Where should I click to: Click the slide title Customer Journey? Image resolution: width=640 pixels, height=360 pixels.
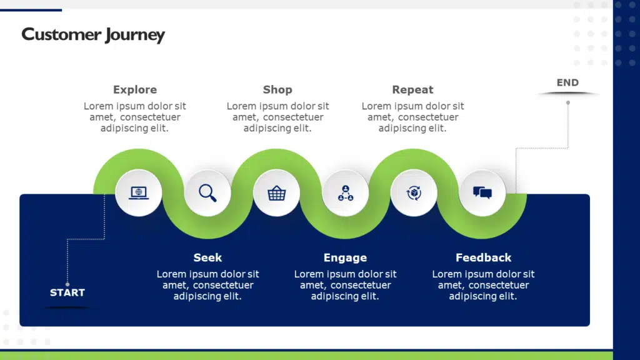[x=93, y=34]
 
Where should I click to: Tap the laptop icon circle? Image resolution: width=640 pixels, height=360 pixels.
[x=139, y=192]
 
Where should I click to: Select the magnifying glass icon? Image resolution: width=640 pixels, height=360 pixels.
[x=207, y=192]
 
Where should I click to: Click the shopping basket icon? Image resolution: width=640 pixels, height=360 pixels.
[x=276, y=192]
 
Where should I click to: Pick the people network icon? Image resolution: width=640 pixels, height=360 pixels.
[x=345, y=192]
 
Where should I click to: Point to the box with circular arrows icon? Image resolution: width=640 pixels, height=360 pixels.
[x=413, y=192]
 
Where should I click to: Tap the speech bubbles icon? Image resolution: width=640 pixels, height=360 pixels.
[x=482, y=192]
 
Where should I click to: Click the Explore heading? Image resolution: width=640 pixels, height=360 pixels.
[x=135, y=89]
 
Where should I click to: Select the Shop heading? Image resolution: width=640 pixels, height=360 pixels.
[x=277, y=89]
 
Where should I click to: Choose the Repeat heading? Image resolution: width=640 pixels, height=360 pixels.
[x=412, y=89]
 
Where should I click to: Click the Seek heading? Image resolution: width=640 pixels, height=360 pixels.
[x=207, y=257]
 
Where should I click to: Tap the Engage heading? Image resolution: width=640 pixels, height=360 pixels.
[x=345, y=257]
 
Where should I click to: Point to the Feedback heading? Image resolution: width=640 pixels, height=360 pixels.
[x=483, y=257]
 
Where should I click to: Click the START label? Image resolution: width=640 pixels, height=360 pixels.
[x=67, y=292]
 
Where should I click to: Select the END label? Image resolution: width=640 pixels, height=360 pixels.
[x=567, y=82]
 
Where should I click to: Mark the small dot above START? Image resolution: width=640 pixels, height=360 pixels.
[x=67, y=284]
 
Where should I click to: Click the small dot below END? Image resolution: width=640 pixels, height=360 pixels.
[x=568, y=102]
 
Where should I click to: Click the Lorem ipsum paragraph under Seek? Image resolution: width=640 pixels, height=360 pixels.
[x=207, y=285]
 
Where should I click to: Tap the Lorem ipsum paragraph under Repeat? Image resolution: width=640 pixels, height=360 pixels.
[x=412, y=117]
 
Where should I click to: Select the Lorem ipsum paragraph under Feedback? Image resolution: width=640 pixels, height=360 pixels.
[x=483, y=285]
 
